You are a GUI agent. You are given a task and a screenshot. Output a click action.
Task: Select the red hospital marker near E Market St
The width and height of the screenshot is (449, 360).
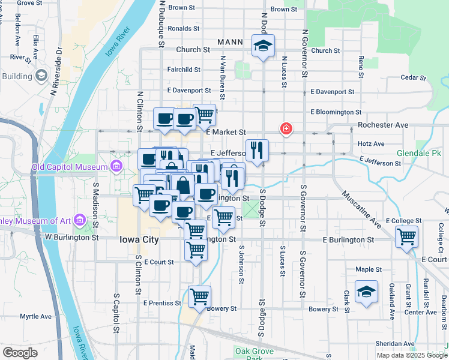tap(286, 128)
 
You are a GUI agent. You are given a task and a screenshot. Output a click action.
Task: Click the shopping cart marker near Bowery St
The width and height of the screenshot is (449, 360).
tap(199, 295)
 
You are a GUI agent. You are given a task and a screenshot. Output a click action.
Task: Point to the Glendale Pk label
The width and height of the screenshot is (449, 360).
tap(418, 153)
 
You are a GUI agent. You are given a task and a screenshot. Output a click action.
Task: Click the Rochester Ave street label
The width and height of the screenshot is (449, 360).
tap(383, 125)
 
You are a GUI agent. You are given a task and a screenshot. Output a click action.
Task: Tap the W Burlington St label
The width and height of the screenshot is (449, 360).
tap(71, 237)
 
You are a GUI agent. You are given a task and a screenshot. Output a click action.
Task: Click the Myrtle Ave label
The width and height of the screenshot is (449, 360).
tap(36, 316)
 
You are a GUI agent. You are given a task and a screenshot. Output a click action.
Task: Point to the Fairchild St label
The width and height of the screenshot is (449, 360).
tap(184, 70)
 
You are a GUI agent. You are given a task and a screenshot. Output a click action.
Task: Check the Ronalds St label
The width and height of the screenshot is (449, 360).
tap(184, 28)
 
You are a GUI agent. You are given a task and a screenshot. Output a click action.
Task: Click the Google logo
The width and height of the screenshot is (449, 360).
tap(20, 352)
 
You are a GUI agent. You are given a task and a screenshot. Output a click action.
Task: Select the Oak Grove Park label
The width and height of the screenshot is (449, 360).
tap(255, 353)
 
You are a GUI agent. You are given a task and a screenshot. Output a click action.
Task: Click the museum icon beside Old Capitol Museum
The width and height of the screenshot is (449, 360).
tap(116, 166)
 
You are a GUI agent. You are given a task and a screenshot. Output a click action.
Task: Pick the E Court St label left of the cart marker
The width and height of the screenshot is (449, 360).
tap(158, 262)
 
